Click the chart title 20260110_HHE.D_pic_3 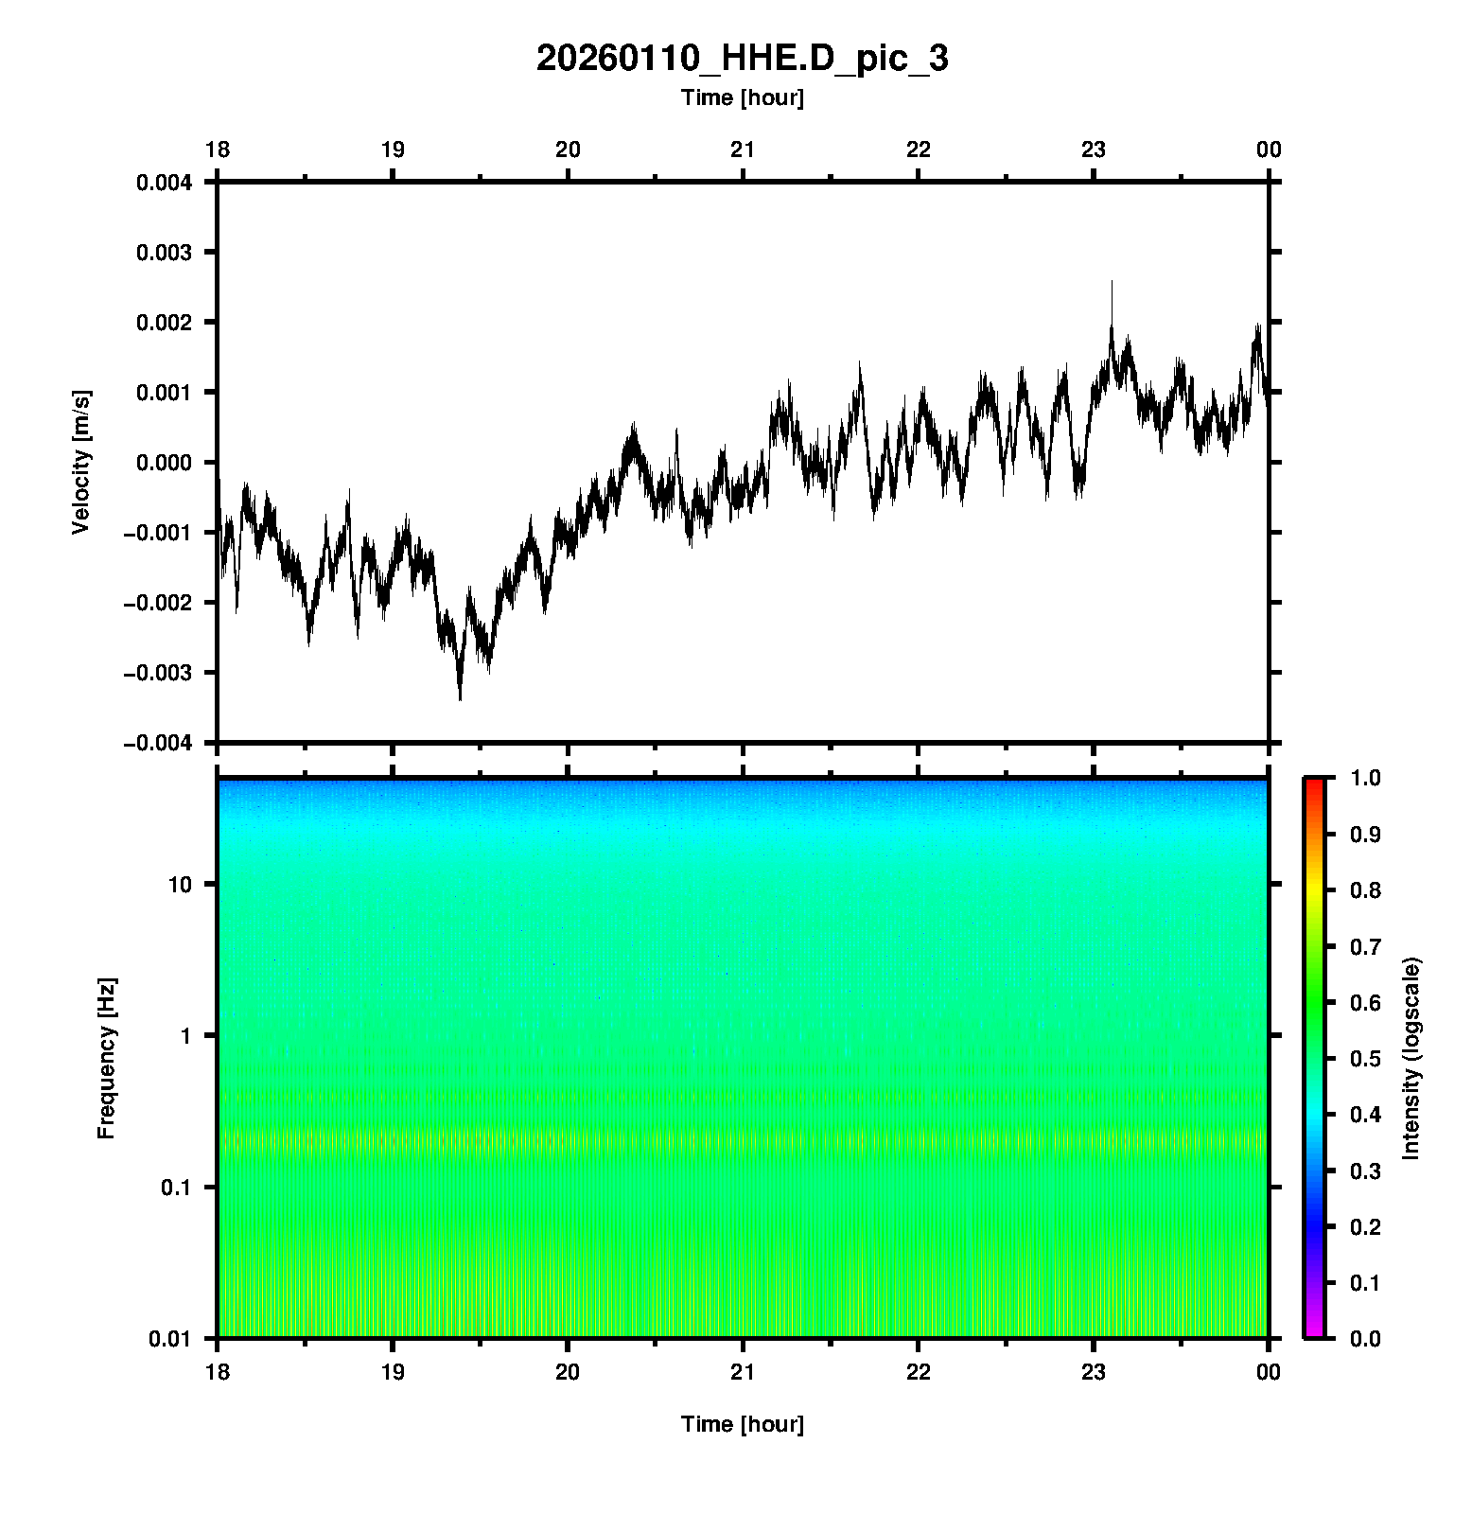(742, 59)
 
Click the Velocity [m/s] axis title (81, 462)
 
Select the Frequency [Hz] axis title (106, 1059)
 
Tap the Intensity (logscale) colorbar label (1411, 1058)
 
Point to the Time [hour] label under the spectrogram (742, 1424)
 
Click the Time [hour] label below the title (742, 97)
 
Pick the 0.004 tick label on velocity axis (164, 183)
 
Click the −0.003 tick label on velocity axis (158, 673)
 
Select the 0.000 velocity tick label (164, 463)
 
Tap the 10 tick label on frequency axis (179, 885)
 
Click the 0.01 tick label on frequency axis (169, 1338)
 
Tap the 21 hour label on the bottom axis (743, 1372)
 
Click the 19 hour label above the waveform (393, 150)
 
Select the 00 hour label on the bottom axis (1268, 1372)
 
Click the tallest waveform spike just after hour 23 (1112, 283)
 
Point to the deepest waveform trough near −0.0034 (460, 698)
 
